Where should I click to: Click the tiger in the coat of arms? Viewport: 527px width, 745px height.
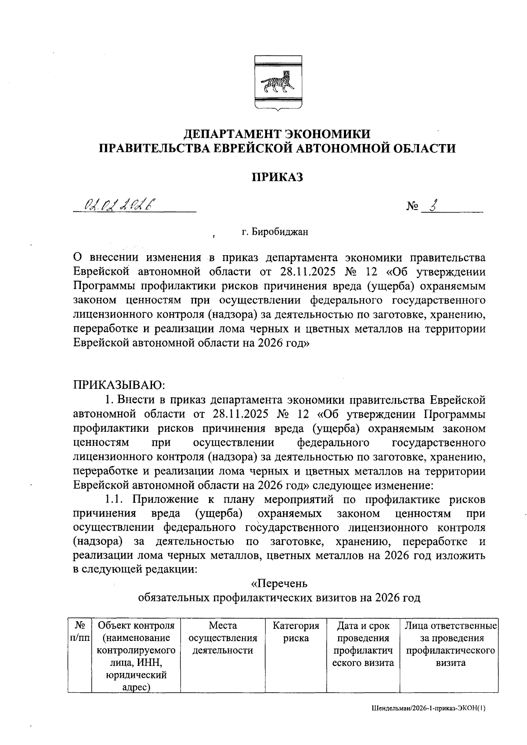click(x=277, y=83)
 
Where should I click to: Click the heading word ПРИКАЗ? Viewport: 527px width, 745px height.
click(x=277, y=177)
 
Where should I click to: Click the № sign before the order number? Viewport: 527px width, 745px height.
click(x=412, y=206)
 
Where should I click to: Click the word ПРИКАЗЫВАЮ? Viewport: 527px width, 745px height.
click(x=119, y=385)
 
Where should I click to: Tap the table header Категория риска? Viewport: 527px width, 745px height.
click(x=296, y=631)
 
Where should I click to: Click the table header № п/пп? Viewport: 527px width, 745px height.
click(x=79, y=631)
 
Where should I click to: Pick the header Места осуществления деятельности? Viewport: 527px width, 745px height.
click(x=223, y=637)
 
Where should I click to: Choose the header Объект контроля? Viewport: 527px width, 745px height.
click(x=136, y=625)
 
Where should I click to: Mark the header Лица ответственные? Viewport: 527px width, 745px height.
click(x=451, y=625)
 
